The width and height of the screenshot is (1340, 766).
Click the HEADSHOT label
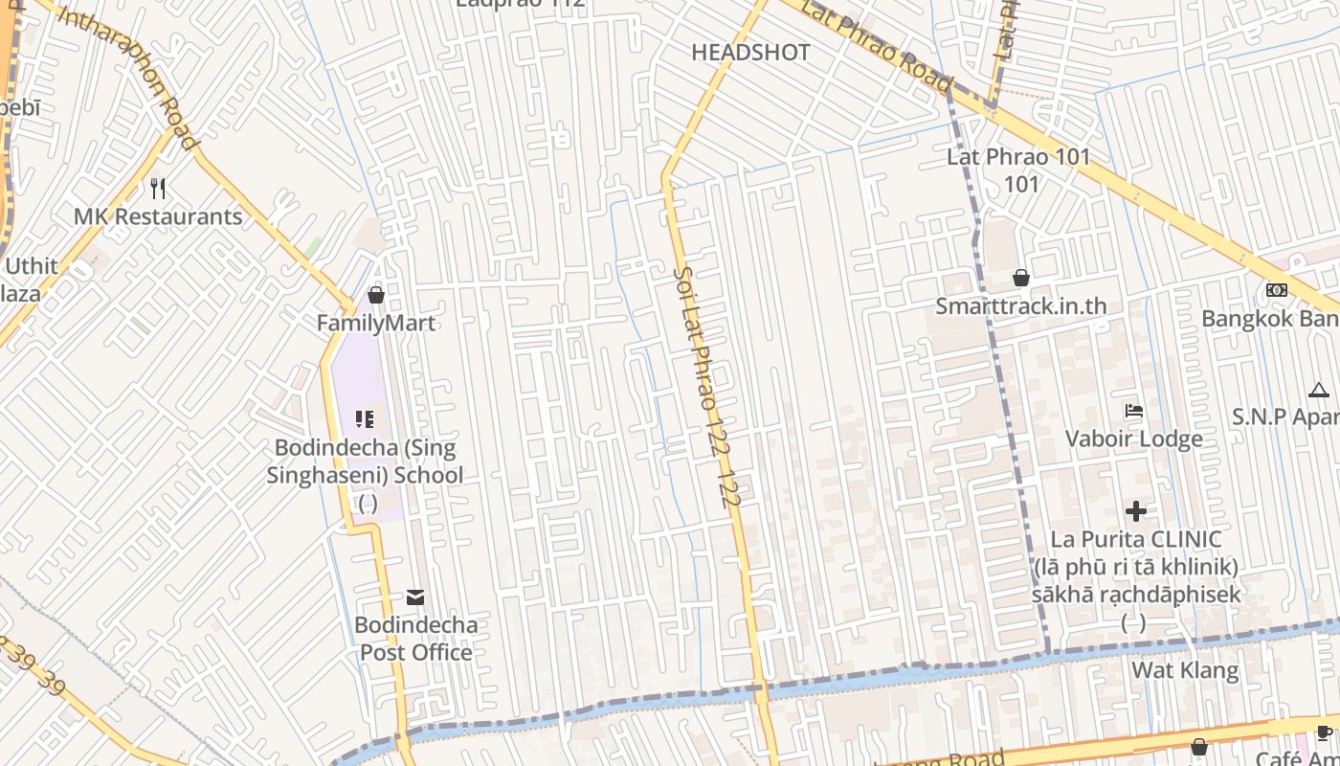click(750, 53)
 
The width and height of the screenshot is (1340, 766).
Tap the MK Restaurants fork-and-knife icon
click(159, 189)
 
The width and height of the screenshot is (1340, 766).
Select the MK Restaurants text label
click(158, 216)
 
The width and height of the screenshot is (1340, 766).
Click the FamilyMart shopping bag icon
click(376, 295)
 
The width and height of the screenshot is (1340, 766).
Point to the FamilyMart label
click(376, 323)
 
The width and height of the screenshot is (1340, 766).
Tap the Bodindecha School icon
click(365, 418)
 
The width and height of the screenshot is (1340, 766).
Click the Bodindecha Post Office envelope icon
click(415, 597)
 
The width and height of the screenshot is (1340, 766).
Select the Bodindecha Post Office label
click(415, 639)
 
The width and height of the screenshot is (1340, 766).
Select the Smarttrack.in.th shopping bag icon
click(1021, 279)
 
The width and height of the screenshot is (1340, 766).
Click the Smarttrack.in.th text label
click(1020, 306)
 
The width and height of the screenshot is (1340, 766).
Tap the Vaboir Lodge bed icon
click(1134, 411)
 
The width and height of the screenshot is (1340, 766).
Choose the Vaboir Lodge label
click(1134, 439)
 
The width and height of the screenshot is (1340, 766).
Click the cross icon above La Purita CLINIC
click(1136, 511)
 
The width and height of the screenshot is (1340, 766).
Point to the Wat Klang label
click(1185, 669)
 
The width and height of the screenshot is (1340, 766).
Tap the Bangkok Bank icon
click(1276, 290)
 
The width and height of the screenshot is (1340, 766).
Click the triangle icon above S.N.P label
click(1319, 390)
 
